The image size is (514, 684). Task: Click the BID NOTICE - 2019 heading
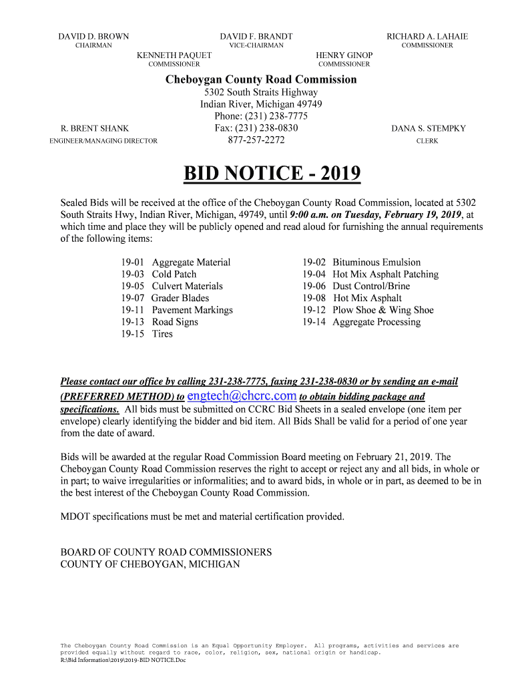[x=272, y=174]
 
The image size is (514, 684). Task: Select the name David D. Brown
[x=93, y=36]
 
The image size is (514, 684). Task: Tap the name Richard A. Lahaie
[x=427, y=36]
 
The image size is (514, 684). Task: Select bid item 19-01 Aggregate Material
[x=176, y=263]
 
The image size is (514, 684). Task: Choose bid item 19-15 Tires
[x=147, y=334]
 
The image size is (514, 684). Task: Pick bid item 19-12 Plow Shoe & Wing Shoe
[x=368, y=310]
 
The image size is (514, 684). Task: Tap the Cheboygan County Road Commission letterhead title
[x=261, y=79]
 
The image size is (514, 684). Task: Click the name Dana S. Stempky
[x=429, y=128]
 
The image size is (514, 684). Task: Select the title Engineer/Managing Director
[x=104, y=141]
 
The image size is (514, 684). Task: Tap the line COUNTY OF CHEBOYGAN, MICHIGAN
[x=150, y=564]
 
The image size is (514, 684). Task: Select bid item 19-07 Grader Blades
[x=165, y=298]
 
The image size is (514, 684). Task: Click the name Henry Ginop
[x=344, y=55]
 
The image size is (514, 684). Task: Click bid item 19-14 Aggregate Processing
[x=361, y=322]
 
